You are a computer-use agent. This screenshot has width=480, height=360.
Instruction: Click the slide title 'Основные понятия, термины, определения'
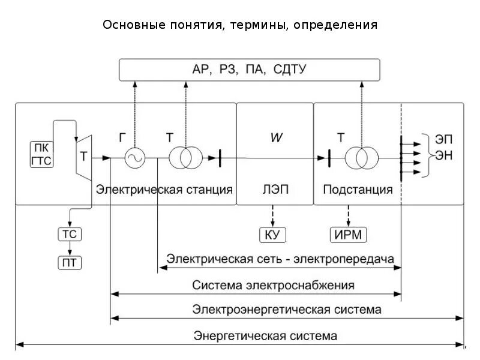(x=240, y=25)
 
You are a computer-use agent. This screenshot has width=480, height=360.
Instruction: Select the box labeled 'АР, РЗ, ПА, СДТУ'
(x=249, y=70)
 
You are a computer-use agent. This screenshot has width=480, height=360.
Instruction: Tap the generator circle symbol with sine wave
(x=135, y=158)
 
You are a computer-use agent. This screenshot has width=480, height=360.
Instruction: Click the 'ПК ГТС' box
(x=41, y=153)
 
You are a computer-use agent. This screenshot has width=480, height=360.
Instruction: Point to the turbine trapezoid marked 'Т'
(x=83, y=155)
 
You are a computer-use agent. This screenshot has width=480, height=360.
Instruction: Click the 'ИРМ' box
(x=349, y=234)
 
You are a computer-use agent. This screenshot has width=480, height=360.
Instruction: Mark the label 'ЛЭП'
(x=275, y=190)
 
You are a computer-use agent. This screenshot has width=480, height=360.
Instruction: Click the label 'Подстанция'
(x=358, y=190)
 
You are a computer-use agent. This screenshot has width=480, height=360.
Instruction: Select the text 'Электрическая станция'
(x=164, y=190)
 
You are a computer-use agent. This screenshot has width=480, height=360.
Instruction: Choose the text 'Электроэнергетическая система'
(x=286, y=310)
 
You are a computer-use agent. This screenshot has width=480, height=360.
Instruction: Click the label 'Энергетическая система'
(x=265, y=335)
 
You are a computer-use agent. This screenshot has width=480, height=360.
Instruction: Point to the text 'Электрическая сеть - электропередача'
(x=280, y=259)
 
